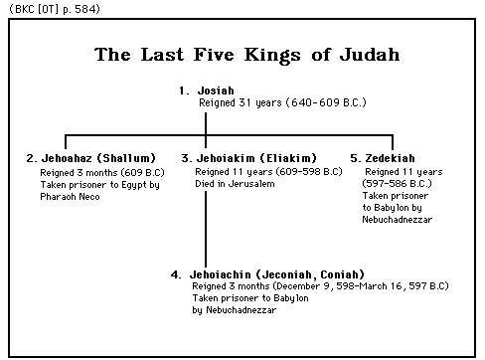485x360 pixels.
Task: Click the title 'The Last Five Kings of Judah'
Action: [246, 56]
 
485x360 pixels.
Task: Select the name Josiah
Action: [216, 90]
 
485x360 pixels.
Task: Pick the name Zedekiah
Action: [389, 158]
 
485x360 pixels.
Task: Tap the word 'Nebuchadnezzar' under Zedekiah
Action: [398, 219]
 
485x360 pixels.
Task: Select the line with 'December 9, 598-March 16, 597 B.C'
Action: [320, 286]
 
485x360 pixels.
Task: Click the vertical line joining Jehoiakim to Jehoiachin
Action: [206, 229]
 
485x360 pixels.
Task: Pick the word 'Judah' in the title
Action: [365, 56]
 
